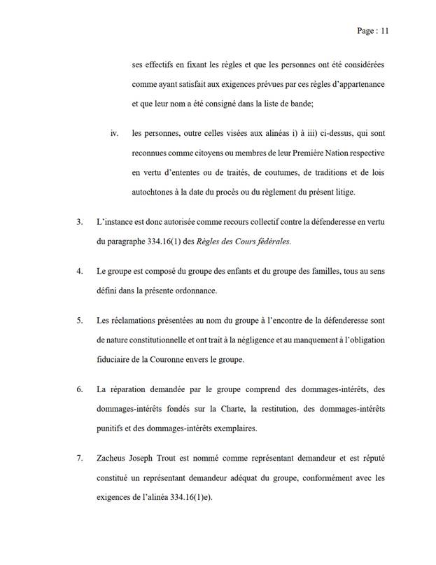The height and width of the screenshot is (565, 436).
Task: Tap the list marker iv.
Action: click(115, 132)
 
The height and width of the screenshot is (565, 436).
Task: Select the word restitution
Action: click(267, 408)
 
